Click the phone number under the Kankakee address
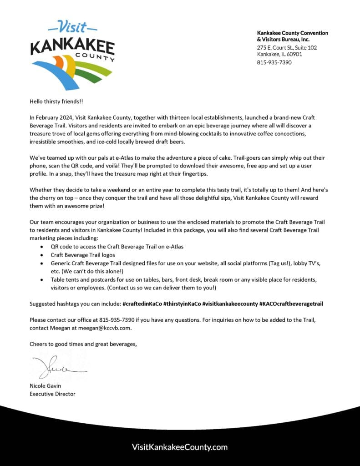coord(274,62)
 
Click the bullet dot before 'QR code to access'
coord(41,247)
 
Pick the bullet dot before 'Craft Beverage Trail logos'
coord(41,255)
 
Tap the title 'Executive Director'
coord(52,394)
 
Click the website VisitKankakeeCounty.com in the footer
coord(179,447)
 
